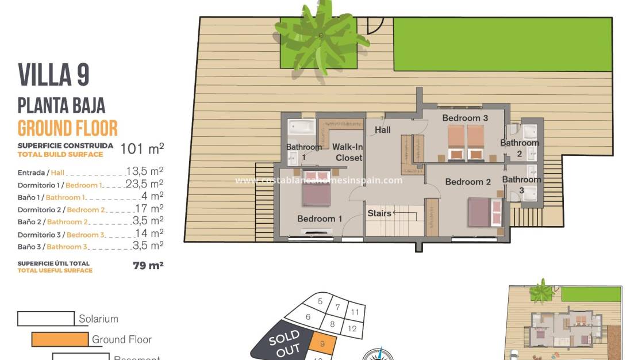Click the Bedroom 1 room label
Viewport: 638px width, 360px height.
[320, 219]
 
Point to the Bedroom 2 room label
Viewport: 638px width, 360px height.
[468, 182]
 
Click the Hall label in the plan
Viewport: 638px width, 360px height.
[383, 130]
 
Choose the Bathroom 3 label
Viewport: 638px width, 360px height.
[521, 185]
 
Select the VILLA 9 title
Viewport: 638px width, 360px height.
[54, 75]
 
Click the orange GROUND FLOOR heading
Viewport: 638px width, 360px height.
[68, 128]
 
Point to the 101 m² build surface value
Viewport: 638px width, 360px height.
[142, 149]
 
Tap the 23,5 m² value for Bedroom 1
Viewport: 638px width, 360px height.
[145, 184]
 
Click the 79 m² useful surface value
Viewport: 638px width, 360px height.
[148, 265]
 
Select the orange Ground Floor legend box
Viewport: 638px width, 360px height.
[60, 339]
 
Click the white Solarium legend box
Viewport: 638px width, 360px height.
[46, 319]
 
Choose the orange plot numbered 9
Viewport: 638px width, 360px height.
[322, 344]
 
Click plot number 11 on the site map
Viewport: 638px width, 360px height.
[355, 312]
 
